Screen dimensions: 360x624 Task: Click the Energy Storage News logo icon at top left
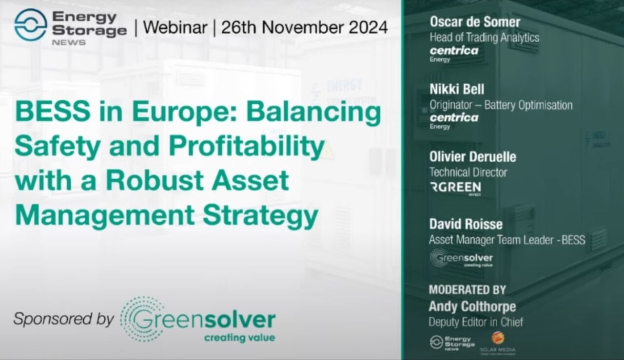tap(30, 25)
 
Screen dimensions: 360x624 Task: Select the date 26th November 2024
tap(304, 27)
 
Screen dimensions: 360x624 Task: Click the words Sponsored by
tap(63, 319)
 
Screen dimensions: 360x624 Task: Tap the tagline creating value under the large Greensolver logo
tap(239, 338)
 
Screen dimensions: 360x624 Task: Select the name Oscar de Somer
tap(475, 22)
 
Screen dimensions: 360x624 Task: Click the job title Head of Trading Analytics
tap(484, 38)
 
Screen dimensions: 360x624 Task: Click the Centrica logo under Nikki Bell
tap(453, 118)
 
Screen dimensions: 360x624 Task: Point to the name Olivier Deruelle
tap(472, 157)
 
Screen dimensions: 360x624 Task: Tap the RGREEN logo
tap(456, 188)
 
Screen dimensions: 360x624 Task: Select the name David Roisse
tap(466, 224)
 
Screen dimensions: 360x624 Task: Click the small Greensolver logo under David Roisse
tap(461, 258)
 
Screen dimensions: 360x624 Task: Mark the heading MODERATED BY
tap(467, 290)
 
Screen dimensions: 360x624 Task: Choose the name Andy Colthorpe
tap(472, 306)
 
